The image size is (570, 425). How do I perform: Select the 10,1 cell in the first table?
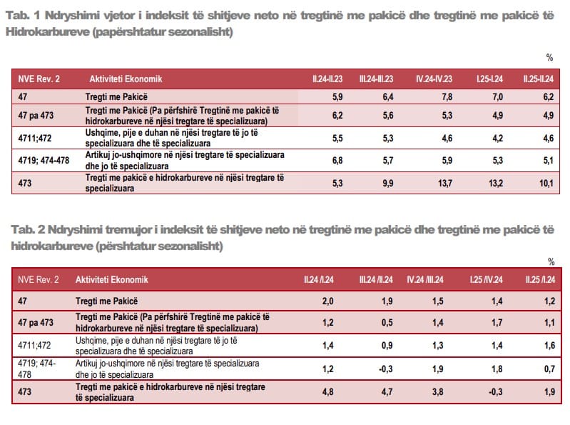(x=544, y=184)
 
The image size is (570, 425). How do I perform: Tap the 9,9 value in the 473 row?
(x=387, y=184)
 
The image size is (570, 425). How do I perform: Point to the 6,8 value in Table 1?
(x=338, y=160)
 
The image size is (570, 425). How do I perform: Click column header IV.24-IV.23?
(x=432, y=78)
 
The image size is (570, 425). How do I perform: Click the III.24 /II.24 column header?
(x=375, y=279)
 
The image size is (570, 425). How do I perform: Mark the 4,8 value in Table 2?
(x=328, y=391)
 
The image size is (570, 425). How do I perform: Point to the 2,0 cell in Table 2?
(x=328, y=301)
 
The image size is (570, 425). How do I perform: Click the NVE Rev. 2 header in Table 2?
(x=39, y=279)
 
